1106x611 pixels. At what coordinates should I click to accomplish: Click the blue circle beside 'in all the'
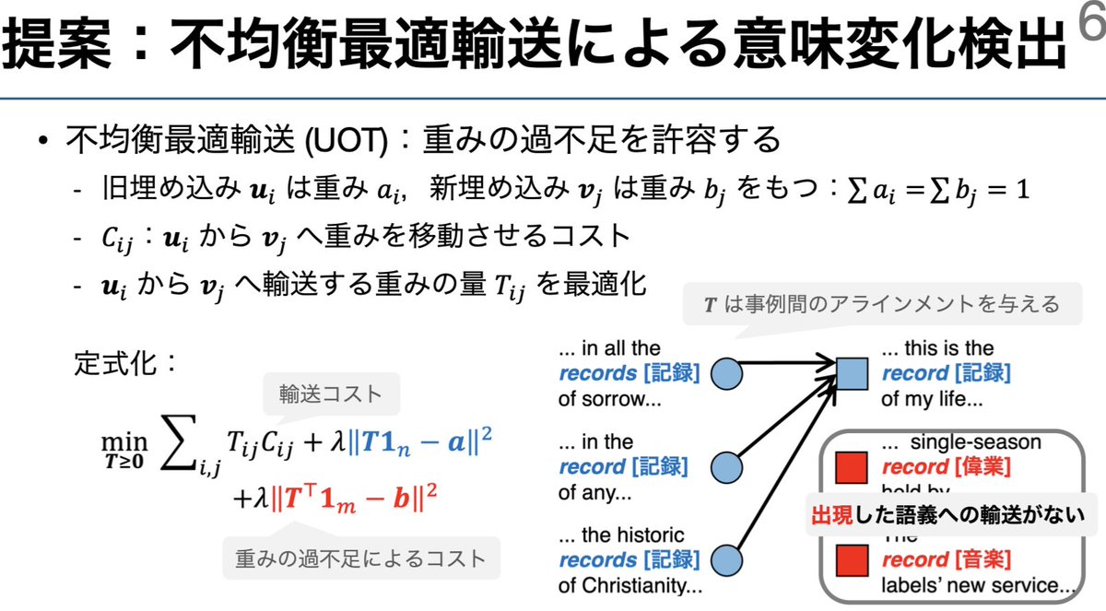pyautogui.click(x=730, y=373)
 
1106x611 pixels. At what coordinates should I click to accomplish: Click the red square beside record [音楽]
pyautogui.click(x=849, y=558)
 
